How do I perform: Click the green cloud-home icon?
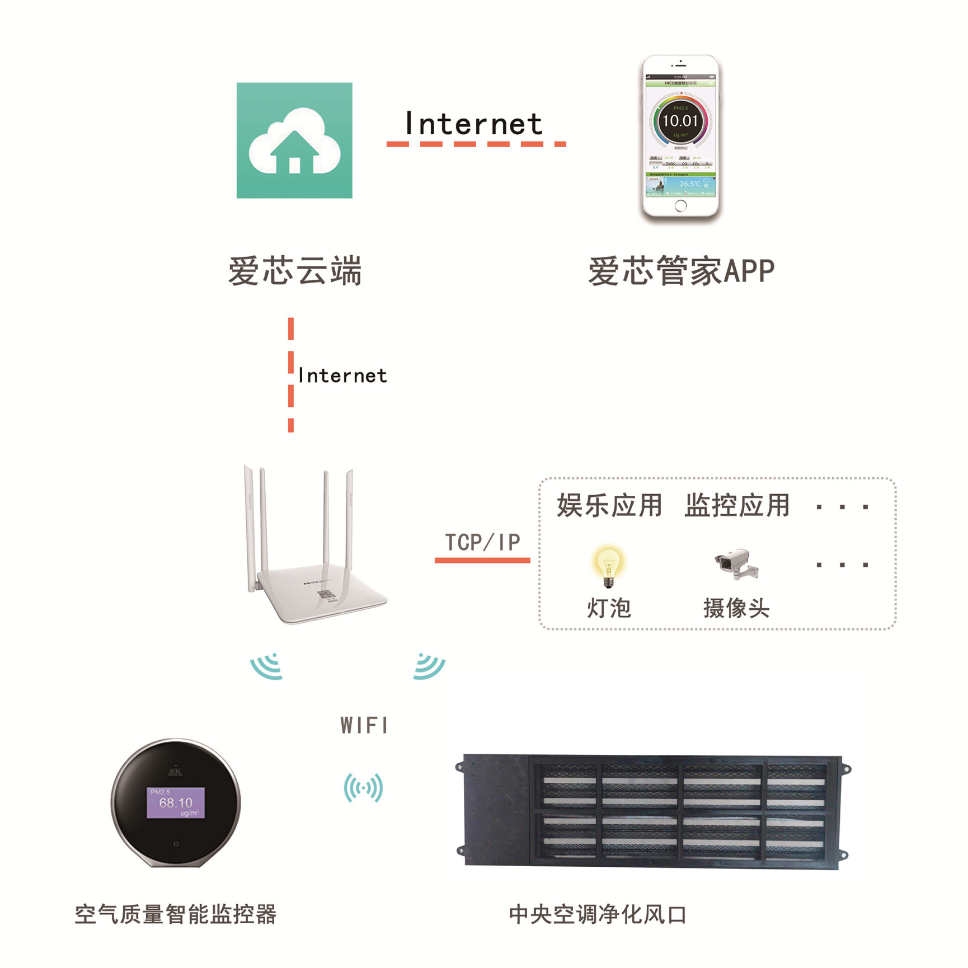294,140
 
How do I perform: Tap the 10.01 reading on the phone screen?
680,121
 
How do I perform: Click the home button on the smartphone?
680,206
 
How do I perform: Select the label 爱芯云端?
295,271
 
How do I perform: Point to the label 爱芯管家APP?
681,271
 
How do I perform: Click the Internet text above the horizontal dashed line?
473,124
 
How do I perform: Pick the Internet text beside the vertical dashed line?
342,375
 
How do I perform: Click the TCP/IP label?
482,542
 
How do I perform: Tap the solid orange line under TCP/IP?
482,560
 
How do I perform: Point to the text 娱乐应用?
609,506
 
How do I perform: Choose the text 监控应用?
737,506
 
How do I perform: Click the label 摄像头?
736,608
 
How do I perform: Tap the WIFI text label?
364,726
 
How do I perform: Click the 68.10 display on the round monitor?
176,803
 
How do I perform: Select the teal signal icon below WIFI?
364,788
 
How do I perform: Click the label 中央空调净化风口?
598,915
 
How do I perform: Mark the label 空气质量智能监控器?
176,914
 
